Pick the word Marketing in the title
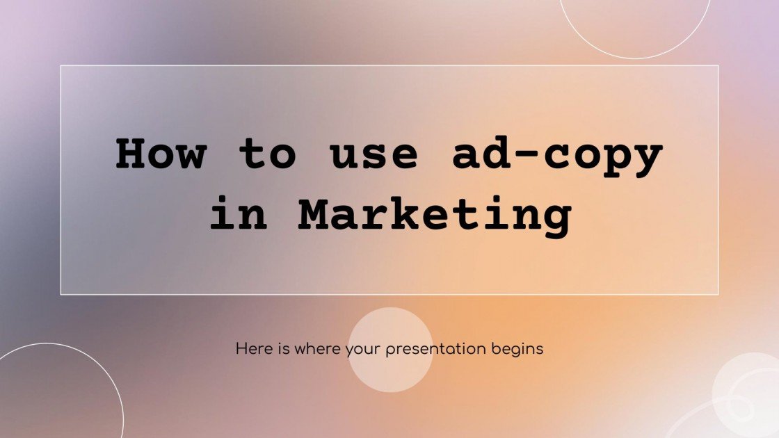(435, 216)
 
